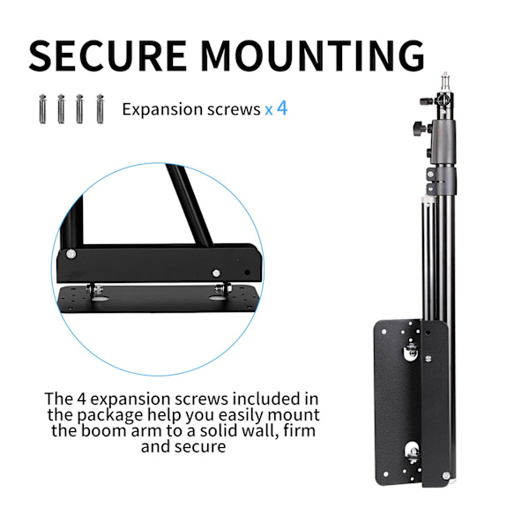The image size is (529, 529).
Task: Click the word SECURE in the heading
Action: click(108, 56)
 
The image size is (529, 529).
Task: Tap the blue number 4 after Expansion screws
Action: click(282, 108)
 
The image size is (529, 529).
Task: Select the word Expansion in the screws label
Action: click(162, 109)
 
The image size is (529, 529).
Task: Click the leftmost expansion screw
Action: click(42, 108)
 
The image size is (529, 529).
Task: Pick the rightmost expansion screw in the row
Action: click(101, 108)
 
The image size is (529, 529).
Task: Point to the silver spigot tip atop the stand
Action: click(445, 81)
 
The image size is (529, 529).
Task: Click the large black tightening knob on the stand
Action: click(419, 128)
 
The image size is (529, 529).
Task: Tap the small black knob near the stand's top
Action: click(426, 101)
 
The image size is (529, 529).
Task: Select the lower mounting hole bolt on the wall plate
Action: click(413, 453)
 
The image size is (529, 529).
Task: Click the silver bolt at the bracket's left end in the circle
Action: click(71, 254)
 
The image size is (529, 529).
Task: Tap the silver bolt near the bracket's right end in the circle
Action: click(216, 273)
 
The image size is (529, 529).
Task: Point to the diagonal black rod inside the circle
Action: click(189, 205)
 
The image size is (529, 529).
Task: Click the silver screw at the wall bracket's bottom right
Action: click(446, 476)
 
